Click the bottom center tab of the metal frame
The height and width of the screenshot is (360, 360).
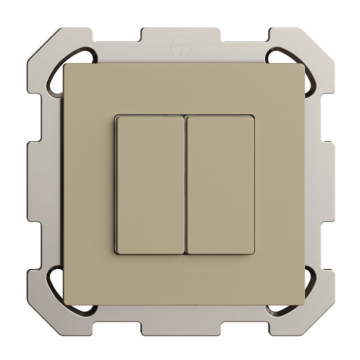pos(180,326)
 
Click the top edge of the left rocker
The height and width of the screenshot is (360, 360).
pos(149,117)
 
